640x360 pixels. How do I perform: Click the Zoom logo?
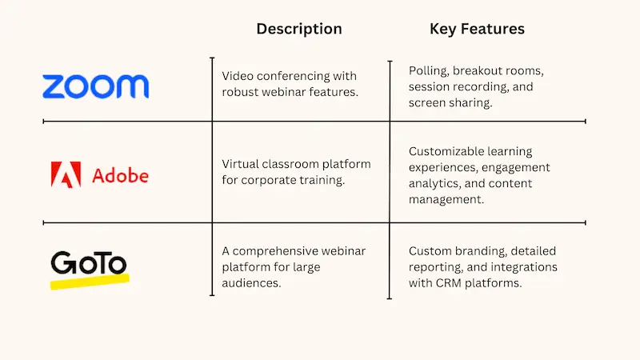[x=95, y=86]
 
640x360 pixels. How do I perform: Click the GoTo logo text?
[x=88, y=263]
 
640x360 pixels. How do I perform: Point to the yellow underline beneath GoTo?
[x=89, y=281]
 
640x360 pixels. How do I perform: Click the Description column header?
[x=298, y=29]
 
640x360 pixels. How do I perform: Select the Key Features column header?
[x=477, y=29]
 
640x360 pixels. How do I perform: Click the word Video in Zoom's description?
[x=238, y=76]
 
